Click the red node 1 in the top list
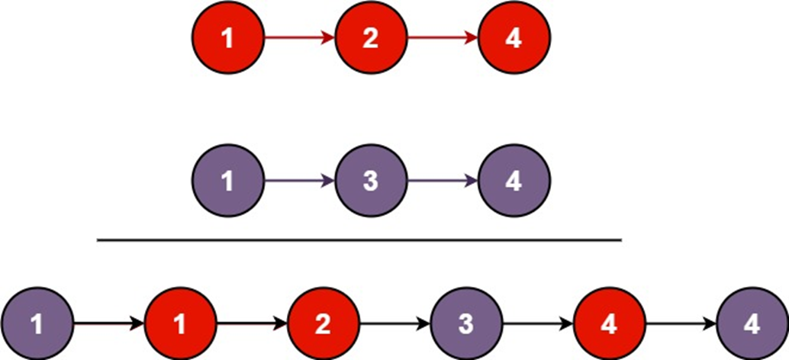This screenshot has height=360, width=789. coord(227,38)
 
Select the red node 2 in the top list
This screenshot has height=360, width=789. coord(371,38)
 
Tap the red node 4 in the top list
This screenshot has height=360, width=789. coord(514,38)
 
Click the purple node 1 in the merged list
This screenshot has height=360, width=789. coord(37,324)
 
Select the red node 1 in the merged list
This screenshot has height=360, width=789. coord(180,324)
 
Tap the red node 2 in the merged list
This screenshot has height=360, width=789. coord(323,324)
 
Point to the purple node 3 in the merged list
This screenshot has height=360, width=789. coord(466,324)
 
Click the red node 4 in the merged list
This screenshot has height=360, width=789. coord(609,324)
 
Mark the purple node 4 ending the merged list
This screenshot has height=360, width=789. coord(752,324)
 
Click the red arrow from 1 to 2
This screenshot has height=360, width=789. coord(299,38)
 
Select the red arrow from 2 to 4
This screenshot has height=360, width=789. coord(443,38)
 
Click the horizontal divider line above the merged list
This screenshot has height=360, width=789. coord(359,240)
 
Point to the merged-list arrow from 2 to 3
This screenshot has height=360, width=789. coord(394,324)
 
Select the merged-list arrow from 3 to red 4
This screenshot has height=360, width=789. coord(537,324)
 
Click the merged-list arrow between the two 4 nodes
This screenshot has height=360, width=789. coord(681,324)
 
